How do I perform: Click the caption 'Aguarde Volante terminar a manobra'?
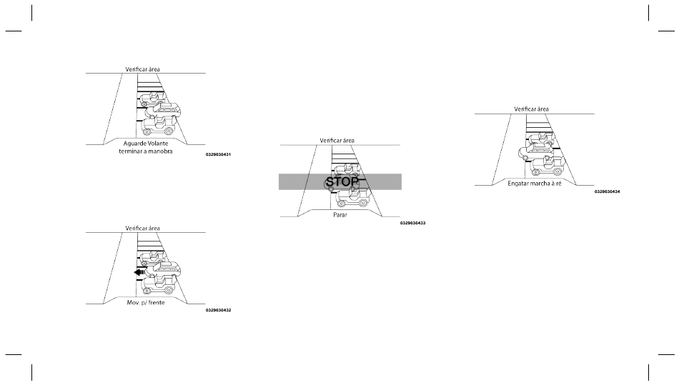[146, 146]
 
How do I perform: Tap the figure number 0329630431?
[218, 155]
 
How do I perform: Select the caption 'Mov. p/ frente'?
[146, 301]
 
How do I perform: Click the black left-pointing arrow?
[140, 272]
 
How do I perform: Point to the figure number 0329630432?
[218, 310]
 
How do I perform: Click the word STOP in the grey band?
[341, 182]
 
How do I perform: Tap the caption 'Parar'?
[340, 214]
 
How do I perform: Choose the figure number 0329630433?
[412, 223]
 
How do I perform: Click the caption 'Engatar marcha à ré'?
[535, 184]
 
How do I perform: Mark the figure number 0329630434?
[607, 191]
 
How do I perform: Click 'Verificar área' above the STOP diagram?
[337, 141]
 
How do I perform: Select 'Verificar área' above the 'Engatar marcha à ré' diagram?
[532, 109]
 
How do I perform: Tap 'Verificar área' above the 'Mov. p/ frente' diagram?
[143, 228]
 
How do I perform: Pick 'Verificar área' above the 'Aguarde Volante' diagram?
[143, 69]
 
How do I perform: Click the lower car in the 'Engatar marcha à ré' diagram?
[547, 166]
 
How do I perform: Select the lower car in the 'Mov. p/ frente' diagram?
[159, 284]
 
